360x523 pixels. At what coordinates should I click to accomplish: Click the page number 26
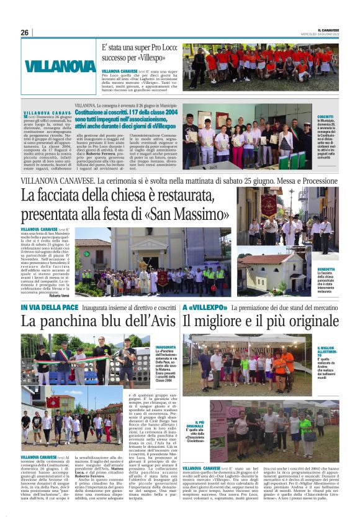(24, 33)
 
